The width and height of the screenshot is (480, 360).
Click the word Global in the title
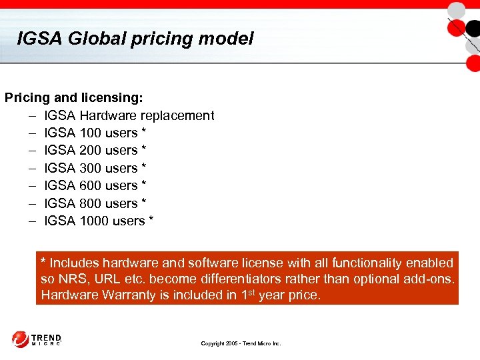(x=94, y=39)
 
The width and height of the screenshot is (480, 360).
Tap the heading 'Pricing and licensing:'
(x=74, y=98)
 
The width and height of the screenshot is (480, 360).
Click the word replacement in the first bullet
(x=177, y=116)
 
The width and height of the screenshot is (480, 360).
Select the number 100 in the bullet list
(x=90, y=133)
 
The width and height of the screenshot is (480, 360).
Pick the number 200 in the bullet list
(x=90, y=151)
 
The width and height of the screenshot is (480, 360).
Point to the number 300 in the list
(x=90, y=168)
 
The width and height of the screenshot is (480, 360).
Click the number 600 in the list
(x=90, y=185)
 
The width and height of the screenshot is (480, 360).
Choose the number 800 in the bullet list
(x=90, y=203)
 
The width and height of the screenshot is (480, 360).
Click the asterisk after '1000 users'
(x=151, y=219)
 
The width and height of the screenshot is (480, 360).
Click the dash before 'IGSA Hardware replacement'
(x=32, y=116)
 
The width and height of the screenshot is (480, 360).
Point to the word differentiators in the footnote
(x=281, y=279)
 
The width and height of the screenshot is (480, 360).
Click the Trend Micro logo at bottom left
(x=37, y=339)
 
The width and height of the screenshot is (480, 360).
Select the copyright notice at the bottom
(x=241, y=343)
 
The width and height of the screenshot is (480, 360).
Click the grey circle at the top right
(x=457, y=10)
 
